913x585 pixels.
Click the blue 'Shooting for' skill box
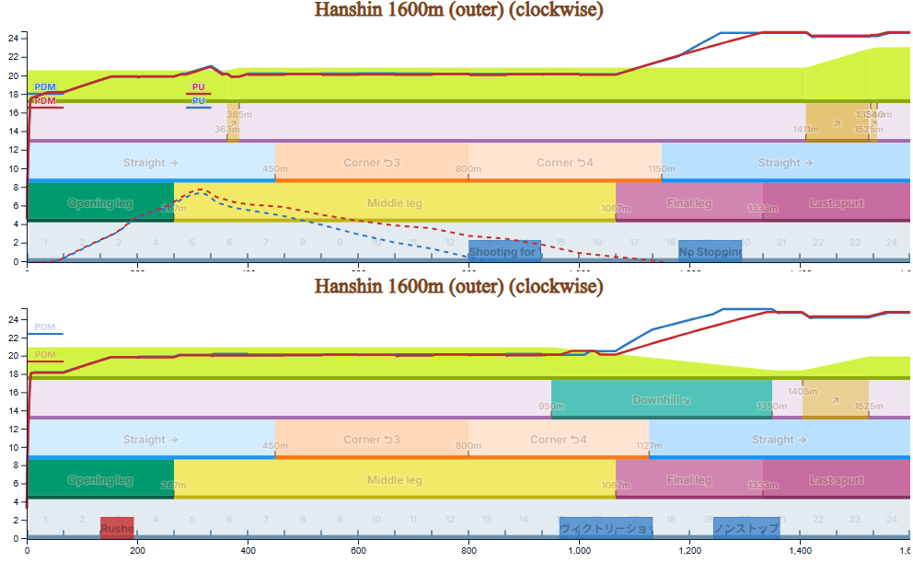click(x=504, y=251)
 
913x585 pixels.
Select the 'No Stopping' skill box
click(x=710, y=251)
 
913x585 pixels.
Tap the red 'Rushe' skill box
click(x=117, y=528)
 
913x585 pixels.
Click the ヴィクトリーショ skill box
click(x=606, y=528)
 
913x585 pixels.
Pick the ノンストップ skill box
click(x=746, y=528)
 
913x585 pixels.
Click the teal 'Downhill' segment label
click(x=661, y=400)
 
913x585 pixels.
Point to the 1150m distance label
click(x=661, y=169)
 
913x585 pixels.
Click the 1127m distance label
click(x=649, y=446)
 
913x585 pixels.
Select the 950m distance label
click(x=550, y=406)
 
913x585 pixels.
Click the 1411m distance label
click(x=805, y=130)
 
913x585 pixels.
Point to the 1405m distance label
click(x=803, y=391)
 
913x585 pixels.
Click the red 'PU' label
click(x=199, y=87)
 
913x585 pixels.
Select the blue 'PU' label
click(x=199, y=100)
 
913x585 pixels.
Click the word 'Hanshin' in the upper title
click(x=351, y=10)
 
